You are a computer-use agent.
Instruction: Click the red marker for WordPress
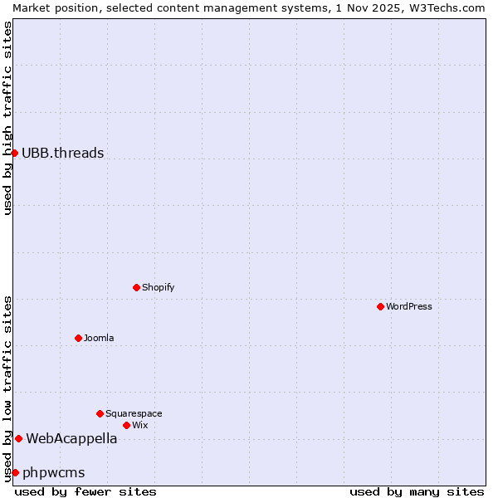(x=380, y=306)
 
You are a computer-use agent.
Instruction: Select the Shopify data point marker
(x=136, y=287)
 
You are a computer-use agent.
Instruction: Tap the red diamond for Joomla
(x=78, y=338)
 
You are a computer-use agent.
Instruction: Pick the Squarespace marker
(x=100, y=413)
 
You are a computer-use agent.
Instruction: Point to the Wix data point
(x=126, y=425)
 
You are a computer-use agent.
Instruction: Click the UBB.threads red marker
(x=14, y=153)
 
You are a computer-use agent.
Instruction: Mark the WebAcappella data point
(x=18, y=438)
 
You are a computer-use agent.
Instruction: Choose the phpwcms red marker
(x=15, y=472)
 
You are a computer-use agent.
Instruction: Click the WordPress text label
(x=409, y=306)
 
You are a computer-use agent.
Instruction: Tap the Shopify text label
(x=158, y=287)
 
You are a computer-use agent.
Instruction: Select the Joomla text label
(x=99, y=338)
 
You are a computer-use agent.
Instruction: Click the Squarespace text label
(x=134, y=413)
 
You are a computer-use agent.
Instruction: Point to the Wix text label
(x=139, y=425)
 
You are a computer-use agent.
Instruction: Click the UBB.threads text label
(x=63, y=153)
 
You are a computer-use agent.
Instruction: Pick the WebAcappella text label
(x=71, y=438)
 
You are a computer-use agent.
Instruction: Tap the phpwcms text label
(x=54, y=472)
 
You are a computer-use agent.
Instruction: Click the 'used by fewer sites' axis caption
(x=85, y=491)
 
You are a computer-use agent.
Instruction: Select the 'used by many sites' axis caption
(x=417, y=491)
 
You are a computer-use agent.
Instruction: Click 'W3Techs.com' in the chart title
(x=446, y=7)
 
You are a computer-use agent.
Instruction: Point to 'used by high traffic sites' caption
(x=7, y=118)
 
